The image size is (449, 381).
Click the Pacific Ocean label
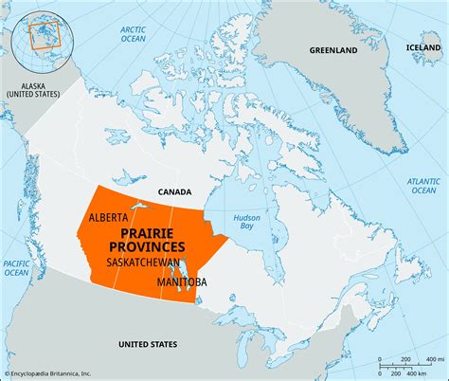click(x=16, y=267)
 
